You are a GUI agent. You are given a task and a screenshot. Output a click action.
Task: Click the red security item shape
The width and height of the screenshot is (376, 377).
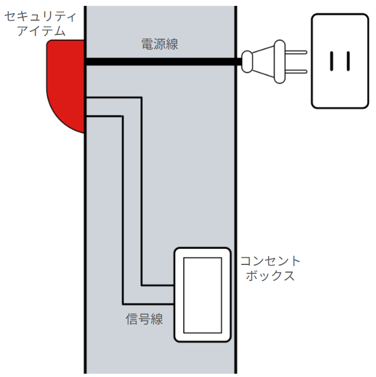point(65,83)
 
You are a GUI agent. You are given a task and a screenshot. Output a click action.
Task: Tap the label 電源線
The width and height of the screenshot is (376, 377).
point(159,44)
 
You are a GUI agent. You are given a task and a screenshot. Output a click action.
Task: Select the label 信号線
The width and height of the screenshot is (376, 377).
point(144,319)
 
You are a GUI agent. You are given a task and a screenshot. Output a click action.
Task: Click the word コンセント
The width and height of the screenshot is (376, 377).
point(270,261)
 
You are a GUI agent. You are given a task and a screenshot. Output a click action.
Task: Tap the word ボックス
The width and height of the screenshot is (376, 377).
point(270,276)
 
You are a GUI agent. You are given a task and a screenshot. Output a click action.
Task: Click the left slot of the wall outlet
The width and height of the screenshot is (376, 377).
point(332,61)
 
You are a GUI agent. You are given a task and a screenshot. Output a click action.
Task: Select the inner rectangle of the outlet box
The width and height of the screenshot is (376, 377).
point(202,295)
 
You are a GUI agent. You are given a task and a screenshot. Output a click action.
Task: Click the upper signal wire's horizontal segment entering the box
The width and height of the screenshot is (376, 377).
point(158,285)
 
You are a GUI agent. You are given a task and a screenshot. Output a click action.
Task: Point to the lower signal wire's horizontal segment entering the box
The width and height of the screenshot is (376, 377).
point(148,303)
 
